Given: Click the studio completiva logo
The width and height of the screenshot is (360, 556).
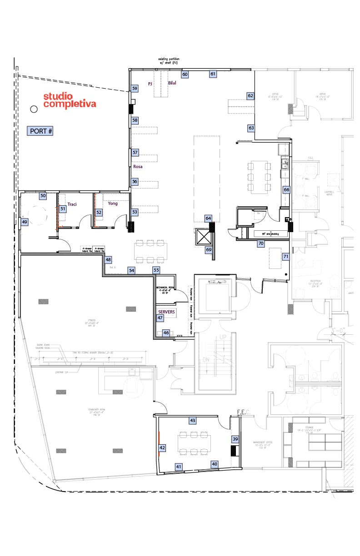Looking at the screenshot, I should tap(70, 100).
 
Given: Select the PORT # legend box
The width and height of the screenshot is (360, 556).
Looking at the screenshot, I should tap(41, 131).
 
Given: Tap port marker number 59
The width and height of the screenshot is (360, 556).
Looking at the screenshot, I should tap(135, 89).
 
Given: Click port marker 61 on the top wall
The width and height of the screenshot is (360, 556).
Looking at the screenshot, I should tap(213, 74).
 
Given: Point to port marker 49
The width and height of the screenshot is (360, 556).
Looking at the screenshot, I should tap(25, 222).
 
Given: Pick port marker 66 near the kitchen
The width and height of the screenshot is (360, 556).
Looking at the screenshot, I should tap(286, 190).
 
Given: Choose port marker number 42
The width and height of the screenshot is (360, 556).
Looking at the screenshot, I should tap(162, 447).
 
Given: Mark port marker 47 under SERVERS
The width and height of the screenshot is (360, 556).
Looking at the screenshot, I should tap(160, 318).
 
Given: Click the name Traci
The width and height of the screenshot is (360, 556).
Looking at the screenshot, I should tap(72, 204).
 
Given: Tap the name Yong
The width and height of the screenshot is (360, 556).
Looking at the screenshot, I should tap(113, 204).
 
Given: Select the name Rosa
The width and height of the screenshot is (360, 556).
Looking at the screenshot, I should tap(138, 167).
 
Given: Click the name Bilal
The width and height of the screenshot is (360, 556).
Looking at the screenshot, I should tap(172, 84).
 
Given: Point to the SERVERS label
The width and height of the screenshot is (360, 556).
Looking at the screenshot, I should tap(166, 312).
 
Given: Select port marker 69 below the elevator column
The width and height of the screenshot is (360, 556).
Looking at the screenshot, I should tap(209, 250).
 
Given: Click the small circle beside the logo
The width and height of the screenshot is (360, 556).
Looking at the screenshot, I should tap(34, 109).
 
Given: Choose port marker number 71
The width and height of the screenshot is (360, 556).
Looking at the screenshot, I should tap(286, 257).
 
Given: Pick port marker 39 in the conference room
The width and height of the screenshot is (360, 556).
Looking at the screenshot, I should tap(235, 439).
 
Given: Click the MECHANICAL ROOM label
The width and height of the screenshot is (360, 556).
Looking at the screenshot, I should tap(165, 289).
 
